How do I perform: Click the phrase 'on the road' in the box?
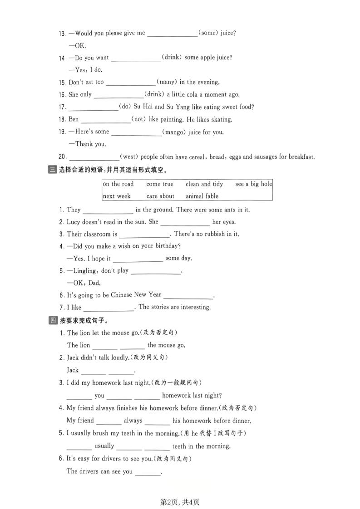(x=118, y=184)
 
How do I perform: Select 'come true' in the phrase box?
(x=160, y=184)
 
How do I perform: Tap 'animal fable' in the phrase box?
(x=202, y=196)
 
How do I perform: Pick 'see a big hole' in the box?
(x=254, y=184)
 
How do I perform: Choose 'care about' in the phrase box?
(x=160, y=196)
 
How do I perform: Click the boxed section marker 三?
(x=52, y=170)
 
